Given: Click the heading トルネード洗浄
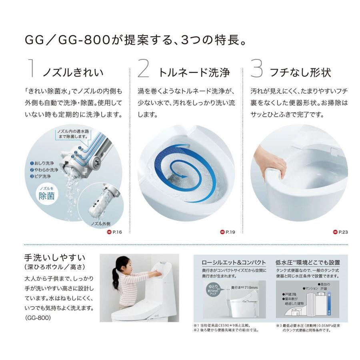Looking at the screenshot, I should coord(194,72).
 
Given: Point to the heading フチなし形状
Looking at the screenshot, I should coord(300,72).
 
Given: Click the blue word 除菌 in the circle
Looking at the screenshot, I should coord(48,196).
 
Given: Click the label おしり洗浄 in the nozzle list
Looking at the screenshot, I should coord(44,164).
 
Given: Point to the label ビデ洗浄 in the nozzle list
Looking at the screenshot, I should coord(42,176).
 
